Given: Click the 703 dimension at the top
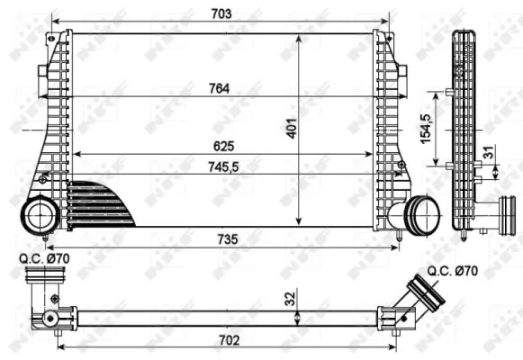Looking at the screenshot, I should pos(221,13).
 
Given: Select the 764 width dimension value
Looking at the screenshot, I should pos(221,87).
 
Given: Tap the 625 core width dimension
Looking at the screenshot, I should pos(221,145).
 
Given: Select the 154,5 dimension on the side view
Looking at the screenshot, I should pos(437,128).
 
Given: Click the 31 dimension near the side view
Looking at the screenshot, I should pos(487,155).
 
